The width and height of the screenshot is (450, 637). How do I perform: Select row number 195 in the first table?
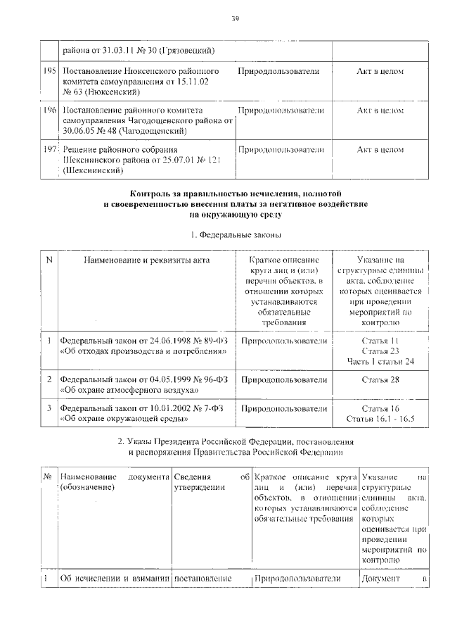pyautogui.click(x=49, y=72)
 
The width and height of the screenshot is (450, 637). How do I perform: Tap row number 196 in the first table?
pyautogui.click(x=49, y=111)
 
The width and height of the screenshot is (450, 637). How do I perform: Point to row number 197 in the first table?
pyautogui.click(x=49, y=150)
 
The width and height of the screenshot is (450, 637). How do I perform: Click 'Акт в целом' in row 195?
pyautogui.click(x=380, y=72)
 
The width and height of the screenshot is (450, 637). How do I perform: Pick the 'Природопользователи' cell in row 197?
pyautogui.click(x=282, y=150)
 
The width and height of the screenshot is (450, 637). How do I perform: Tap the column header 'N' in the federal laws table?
pyautogui.click(x=49, y=260)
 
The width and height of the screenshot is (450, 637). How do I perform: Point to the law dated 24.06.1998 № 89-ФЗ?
pyautogui.click(x=144, y=346)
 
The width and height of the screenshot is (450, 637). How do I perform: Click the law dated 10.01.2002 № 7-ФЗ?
pyautogui.click(x=144, y=413)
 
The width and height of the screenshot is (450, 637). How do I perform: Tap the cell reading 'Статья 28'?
pyautogui.click(x=380, y=380)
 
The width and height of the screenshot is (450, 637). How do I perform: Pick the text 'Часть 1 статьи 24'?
pyautogui.click(x=380, y=361)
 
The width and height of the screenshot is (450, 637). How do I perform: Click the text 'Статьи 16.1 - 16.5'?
pyautogui.click(x=380, y=419)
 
